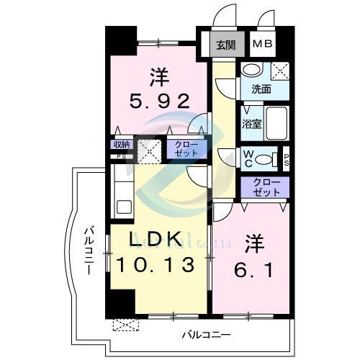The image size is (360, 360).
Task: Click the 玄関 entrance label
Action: tap(225, 45)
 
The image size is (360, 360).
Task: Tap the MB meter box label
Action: tap(262, 45)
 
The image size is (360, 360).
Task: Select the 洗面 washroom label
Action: tap(261, 89)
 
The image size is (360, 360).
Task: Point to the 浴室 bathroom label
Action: tap(251, 124)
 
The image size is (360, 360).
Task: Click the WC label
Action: tap(247, 157)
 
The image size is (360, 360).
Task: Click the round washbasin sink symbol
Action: tap(251, 70)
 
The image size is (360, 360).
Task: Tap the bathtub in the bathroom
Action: tap(276, 122)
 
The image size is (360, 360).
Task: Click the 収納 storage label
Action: tap(120, 144)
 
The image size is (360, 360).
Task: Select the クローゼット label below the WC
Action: tap(266, 187)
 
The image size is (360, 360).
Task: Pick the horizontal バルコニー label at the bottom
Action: tap(205, 335)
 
